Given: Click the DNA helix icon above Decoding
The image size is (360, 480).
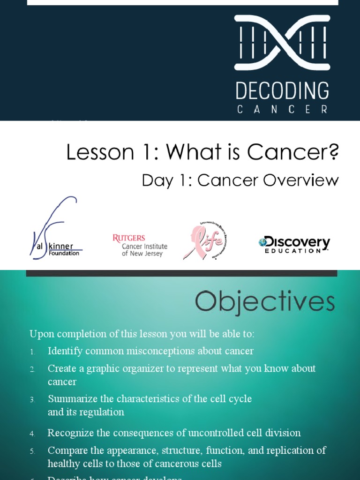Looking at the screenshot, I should point(282,43).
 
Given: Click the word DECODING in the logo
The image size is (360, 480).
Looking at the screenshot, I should point(282,91).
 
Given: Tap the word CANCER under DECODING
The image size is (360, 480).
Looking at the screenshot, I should point(282,110).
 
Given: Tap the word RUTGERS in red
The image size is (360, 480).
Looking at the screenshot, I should point(129,238).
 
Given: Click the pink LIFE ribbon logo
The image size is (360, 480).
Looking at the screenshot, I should point(205,240).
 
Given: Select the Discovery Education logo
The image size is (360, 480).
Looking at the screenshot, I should point(294,244).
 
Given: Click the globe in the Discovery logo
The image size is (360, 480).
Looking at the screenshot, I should point(262,242).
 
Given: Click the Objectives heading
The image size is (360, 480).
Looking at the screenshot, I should point(265,302).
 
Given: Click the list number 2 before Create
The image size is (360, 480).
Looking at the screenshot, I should point(32,369).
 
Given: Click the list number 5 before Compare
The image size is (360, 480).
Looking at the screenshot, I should point(32,451).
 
